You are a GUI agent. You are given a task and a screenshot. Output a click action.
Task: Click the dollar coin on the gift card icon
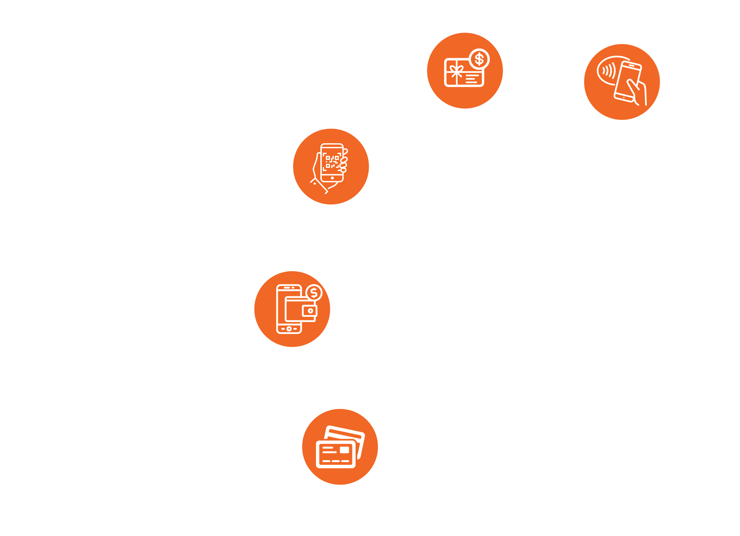[x=479, y=59]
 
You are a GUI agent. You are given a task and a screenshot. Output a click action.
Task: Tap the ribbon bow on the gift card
[x=457, y=70]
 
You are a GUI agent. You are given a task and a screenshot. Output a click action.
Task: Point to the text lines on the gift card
[x=472, y=78]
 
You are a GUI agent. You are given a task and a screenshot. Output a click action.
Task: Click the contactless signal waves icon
[x=608, y=70]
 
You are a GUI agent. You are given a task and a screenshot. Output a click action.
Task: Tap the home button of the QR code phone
[x=332, y=178]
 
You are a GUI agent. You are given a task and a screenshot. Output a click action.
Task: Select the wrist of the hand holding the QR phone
[x=320, y=185]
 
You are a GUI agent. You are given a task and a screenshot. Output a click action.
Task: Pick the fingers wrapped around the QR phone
[x=344, y=162]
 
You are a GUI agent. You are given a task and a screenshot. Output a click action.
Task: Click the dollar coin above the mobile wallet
[x=314, y=293]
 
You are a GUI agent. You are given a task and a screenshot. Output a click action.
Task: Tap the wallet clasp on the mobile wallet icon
[x=310, y=311]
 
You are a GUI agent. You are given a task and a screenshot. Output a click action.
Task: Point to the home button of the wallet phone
[x=289, y=329]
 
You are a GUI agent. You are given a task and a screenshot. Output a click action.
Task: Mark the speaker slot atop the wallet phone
[x=287, y=288]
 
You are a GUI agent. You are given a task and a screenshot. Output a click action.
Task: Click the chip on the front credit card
[x=344, y=450]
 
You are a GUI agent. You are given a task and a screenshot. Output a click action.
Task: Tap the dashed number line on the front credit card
[x=336, y=461]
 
